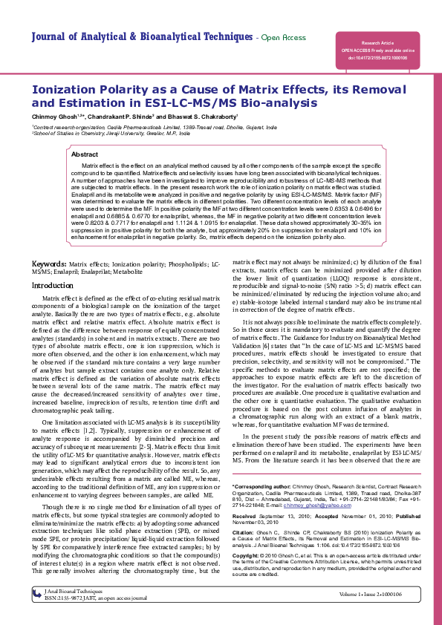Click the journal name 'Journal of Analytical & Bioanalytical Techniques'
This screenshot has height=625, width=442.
[142, 36]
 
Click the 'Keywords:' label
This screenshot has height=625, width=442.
[51, 264]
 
